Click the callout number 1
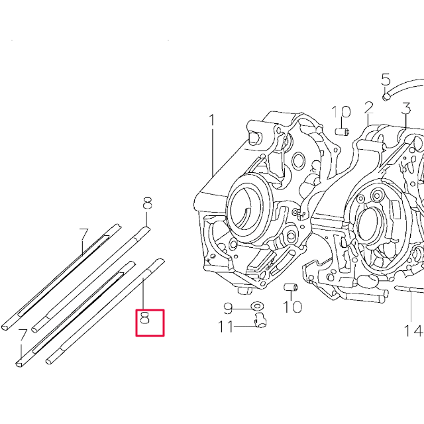[x=213, y=121]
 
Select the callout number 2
[x=369, y=107]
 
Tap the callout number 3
[x=406, y=107]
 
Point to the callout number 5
[x=386, y=80]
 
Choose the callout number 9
[x=228, y=308]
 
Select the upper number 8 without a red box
[x=146, y=203]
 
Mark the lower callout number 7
[x=22, y=335]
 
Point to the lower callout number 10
[x=293, y=307]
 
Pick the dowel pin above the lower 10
[x=289, y=287]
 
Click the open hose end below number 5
[x=388, y=96]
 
